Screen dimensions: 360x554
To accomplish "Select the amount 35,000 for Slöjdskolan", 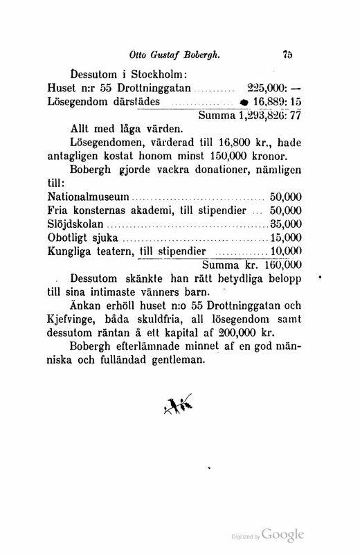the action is click(x=287, y=224).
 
